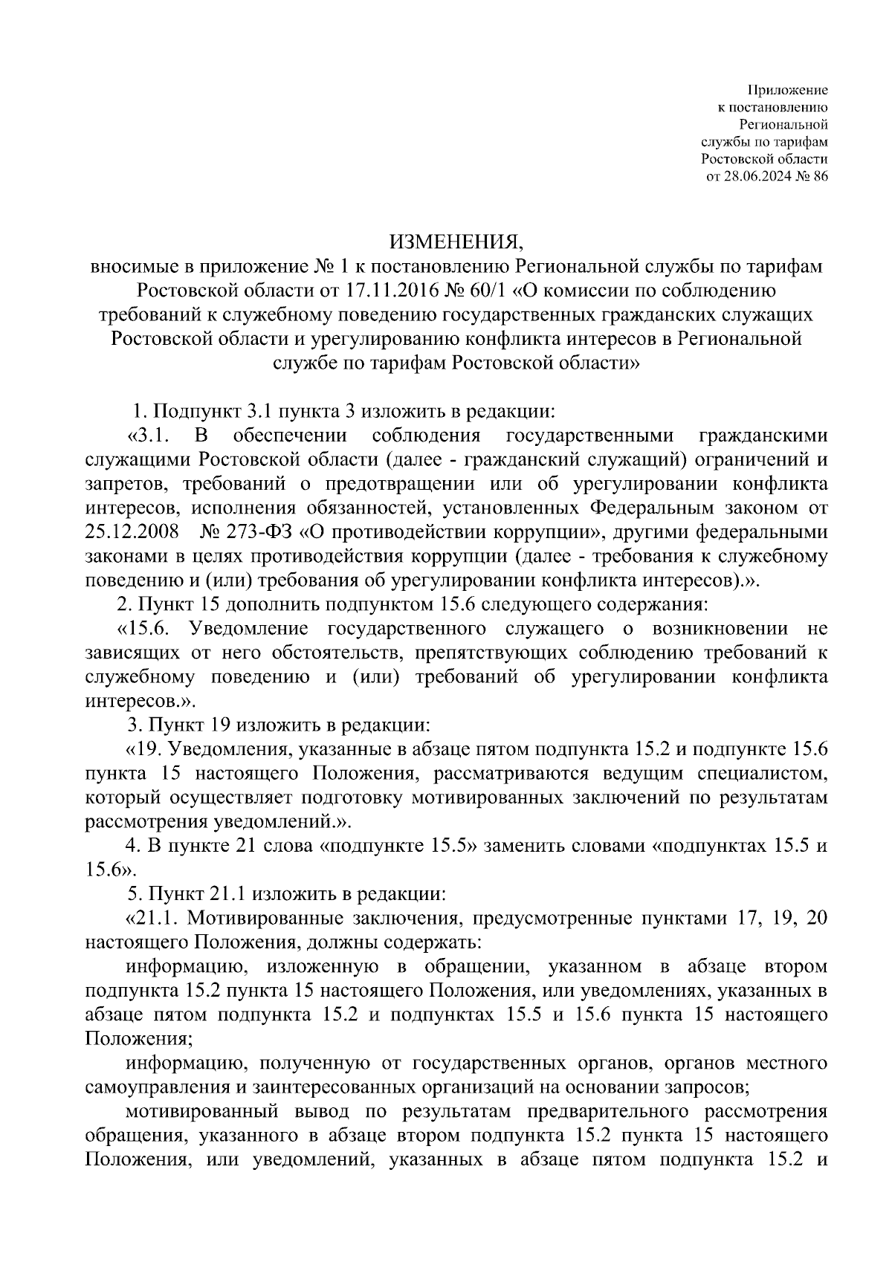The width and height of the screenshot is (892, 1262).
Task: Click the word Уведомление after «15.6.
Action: [248, 628]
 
